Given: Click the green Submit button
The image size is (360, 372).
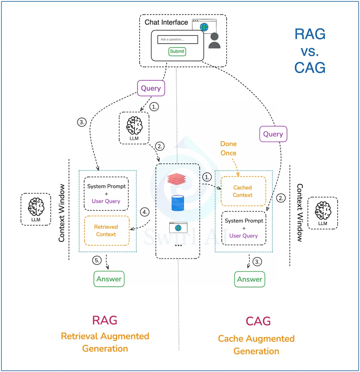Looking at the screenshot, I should [x=177, y=51].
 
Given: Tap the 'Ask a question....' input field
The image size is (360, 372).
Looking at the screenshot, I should [x=178, y=39].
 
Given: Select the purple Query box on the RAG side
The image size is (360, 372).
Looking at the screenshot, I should [x=151, y=88].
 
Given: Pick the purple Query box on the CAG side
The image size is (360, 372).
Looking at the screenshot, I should [x=273, y=134].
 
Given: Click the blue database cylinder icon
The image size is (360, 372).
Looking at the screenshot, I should [x=178, y=203].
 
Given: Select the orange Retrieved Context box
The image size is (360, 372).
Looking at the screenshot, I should [x=106, y=231].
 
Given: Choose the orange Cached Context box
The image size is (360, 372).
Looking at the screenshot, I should [x=243, y=191].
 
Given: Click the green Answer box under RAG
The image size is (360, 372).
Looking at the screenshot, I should [x=109, y=279].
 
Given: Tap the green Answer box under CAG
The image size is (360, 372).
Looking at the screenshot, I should [x=250, y=279].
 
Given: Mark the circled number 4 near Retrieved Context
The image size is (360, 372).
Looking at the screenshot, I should [x=144, y=212].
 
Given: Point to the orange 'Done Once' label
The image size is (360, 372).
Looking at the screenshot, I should [x=228, y=148].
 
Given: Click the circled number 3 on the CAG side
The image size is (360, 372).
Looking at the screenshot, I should [x=258, y=262].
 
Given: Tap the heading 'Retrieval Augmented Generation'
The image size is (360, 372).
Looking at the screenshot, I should [x=105, y=342].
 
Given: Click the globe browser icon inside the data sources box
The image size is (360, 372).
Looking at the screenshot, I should [x=178, y=228].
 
